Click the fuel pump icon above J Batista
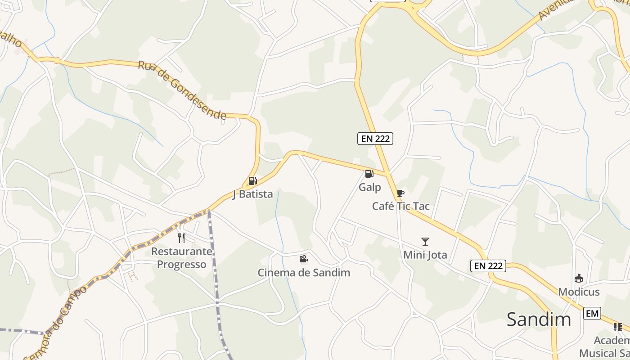tap(252, 181)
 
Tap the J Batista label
tap(252, 194)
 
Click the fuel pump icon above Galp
tap(369, 174)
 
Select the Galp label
tap(370, 187)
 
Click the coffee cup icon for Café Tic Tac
tap(400, 193)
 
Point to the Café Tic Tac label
tap(400, 206)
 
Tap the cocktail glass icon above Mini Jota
tap(425, 242)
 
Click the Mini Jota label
tap(425, 255)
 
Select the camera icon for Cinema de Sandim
tap(303, 259)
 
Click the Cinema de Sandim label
tap(303, 272)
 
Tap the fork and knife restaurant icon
tap(181, 238)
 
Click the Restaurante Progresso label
tap(181, 257)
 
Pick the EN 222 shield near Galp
tap(375, 139)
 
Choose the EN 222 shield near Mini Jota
tap(489, 266)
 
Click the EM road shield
tap(592, 313)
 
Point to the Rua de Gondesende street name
tap(182, 90)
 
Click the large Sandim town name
tap(539, 319)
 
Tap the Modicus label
tap(579, 292)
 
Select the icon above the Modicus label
tap(579, 279)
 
